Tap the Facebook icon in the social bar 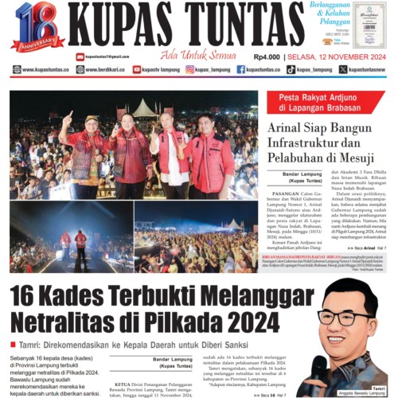[241, 70]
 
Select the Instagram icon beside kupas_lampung [190, 70]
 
